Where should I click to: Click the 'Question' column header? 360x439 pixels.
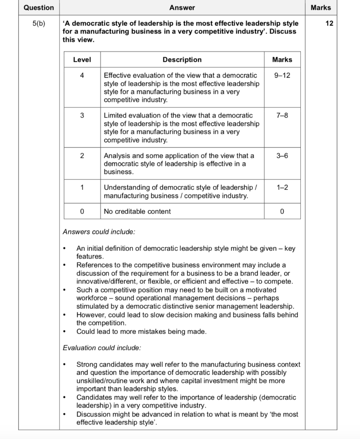point(39,8)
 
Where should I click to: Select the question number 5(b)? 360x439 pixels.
point(39,24)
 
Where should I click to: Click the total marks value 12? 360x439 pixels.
point(329,24)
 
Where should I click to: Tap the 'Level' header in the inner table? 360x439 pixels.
point(82,60)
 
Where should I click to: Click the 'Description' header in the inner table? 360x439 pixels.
point(182,60)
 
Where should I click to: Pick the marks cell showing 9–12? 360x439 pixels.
point(282,75)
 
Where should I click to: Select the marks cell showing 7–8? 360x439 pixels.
point(282,116)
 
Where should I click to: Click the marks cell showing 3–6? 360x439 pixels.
point(282,156)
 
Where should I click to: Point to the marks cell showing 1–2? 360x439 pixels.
point(282,188)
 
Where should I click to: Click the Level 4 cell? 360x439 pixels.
point(82,75)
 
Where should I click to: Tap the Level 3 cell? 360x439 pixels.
point(82,116)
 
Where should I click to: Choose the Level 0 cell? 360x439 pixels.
point(82,211)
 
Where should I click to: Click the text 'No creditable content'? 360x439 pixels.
point(137,211)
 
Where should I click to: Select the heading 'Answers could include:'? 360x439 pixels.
point(99,232)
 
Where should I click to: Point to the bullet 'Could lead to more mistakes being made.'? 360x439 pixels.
point(141,331)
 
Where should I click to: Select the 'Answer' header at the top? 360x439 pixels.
point(182,8)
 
